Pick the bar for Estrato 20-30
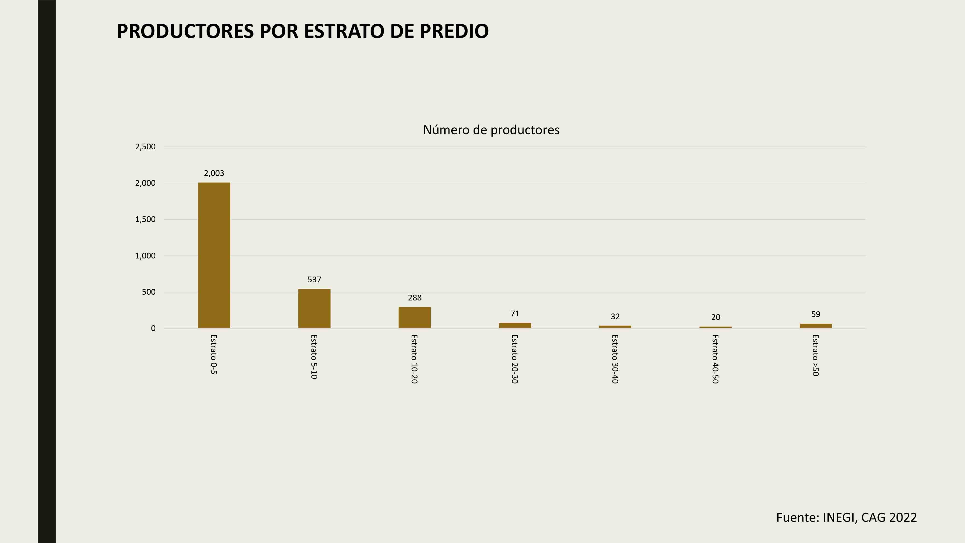click(515, 325)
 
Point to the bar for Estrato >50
click(815, 326)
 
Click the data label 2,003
click(214, 173)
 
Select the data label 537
click(314, 279)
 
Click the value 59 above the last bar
click(815, 314)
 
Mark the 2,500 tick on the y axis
click(145, 146)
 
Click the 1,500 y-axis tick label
click(145, 219)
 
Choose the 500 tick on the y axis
click(148, 292)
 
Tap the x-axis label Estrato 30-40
click(615, 359)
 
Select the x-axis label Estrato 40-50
click(715, 359)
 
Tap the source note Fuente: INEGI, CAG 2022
click(846, 517)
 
